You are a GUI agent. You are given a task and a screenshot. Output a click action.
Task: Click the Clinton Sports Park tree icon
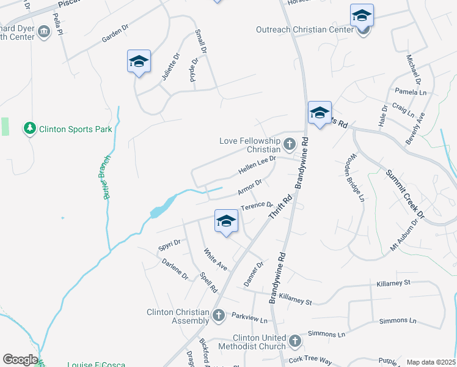pos(29,128)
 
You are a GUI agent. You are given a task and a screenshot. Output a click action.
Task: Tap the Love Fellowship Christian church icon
pos(289,145)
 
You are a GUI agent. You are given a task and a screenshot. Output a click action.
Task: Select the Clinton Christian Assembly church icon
pos(219,316)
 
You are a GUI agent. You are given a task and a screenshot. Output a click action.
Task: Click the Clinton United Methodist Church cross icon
pos(294,341)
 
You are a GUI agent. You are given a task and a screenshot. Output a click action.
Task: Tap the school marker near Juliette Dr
pos(139,62)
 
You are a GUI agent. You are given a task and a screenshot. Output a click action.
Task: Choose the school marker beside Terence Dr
pos(226,221)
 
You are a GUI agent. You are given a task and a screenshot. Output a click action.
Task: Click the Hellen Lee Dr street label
pos(257,163)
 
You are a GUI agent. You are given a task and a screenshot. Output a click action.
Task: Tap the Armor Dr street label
pos(250,186)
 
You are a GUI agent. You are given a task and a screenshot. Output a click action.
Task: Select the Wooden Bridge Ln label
pos(353,181)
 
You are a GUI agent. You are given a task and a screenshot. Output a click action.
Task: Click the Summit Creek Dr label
pos(404,193)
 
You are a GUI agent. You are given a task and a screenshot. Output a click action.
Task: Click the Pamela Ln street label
pos(411,92)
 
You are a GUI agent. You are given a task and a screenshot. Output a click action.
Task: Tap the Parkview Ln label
pos(250,318)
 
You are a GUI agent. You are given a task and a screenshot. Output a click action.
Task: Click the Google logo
pos(20,360)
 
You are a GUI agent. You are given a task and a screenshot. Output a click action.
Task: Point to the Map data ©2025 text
pos(431,362)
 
